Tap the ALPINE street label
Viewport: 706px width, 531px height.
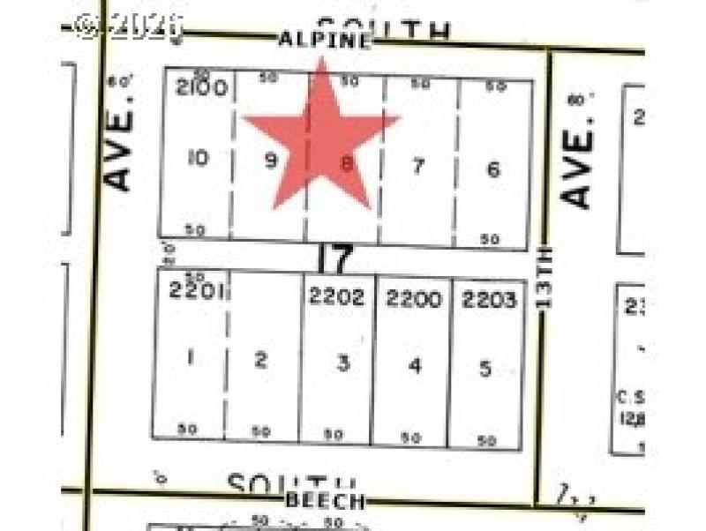[x=324, y=40]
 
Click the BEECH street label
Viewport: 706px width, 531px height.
[x=325, y=501]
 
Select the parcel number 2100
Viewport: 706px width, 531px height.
[x=202, y=87]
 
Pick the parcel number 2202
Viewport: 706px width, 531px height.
[x=336, y=297]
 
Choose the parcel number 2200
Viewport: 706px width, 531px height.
[x=413, y=299]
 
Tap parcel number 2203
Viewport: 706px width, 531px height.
[x=488, y=300]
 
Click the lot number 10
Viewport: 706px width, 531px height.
[x=198, y=159]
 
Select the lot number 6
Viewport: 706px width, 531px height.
[x=493, y=168]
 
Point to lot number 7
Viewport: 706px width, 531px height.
[x=418, y=165]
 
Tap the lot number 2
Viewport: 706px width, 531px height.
[x=260, y=360]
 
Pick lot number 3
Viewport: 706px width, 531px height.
[x=342, y=363]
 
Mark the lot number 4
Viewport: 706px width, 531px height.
[x=415, y=365]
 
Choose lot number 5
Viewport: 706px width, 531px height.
[x=485, y=368]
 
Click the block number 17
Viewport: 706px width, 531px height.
[x=335, y=259]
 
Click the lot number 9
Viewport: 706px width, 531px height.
[x=271, y=161]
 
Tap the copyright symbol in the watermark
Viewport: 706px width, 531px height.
[x=87, y=26]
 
